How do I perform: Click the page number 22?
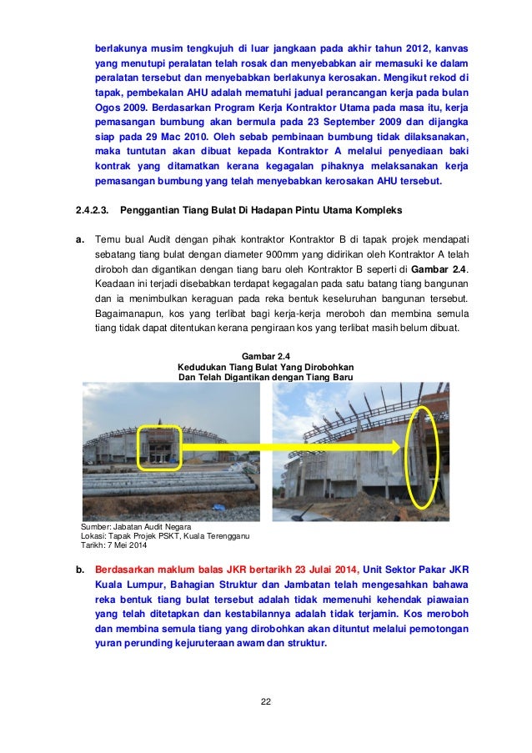pos(266,698)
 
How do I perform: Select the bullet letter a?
pos(81,238)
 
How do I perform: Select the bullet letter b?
pos(81,570)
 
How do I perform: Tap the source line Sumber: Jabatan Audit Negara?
pos(134,527)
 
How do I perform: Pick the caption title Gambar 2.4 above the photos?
pos(266,355)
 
